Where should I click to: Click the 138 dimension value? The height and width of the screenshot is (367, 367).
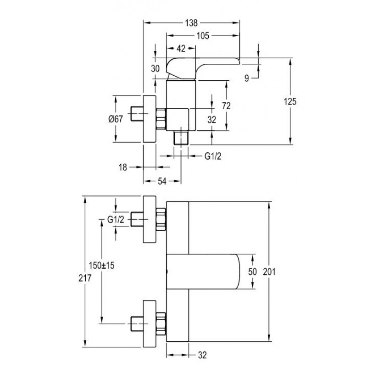coord(191,23)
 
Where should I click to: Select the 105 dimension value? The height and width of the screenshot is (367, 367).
coord(202,36)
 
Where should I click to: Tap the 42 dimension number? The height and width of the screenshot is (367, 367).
coord(181,49)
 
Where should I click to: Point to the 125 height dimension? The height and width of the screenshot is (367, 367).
coord(290,101)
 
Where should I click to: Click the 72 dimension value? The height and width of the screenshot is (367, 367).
coord(226,106)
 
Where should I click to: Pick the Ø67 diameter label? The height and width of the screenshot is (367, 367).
coord(116,119)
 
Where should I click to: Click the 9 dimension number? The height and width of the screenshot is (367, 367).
coord(246,78)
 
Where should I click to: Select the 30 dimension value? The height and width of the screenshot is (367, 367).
coord(155,68)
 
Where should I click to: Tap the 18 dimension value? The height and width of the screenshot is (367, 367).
coord(122,167)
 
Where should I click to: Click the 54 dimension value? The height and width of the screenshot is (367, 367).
coord(162,181)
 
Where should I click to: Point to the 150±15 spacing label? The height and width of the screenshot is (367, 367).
coord(101,266)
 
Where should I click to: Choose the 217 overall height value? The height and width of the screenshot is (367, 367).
coord(85,278)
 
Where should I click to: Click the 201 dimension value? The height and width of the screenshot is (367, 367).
coord(269,272)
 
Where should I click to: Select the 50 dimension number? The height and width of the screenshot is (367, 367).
coord(252,272)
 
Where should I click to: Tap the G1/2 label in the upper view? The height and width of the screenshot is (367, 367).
coord(213,156)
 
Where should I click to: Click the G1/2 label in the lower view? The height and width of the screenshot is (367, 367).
coord(116,220)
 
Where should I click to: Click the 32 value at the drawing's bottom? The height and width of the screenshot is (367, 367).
coord(202,355)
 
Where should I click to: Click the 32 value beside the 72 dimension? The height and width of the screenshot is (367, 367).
coord(211,120)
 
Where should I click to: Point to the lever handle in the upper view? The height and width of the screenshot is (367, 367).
coord(203,68)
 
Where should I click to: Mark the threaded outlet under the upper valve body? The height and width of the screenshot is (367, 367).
coord(181,138)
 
